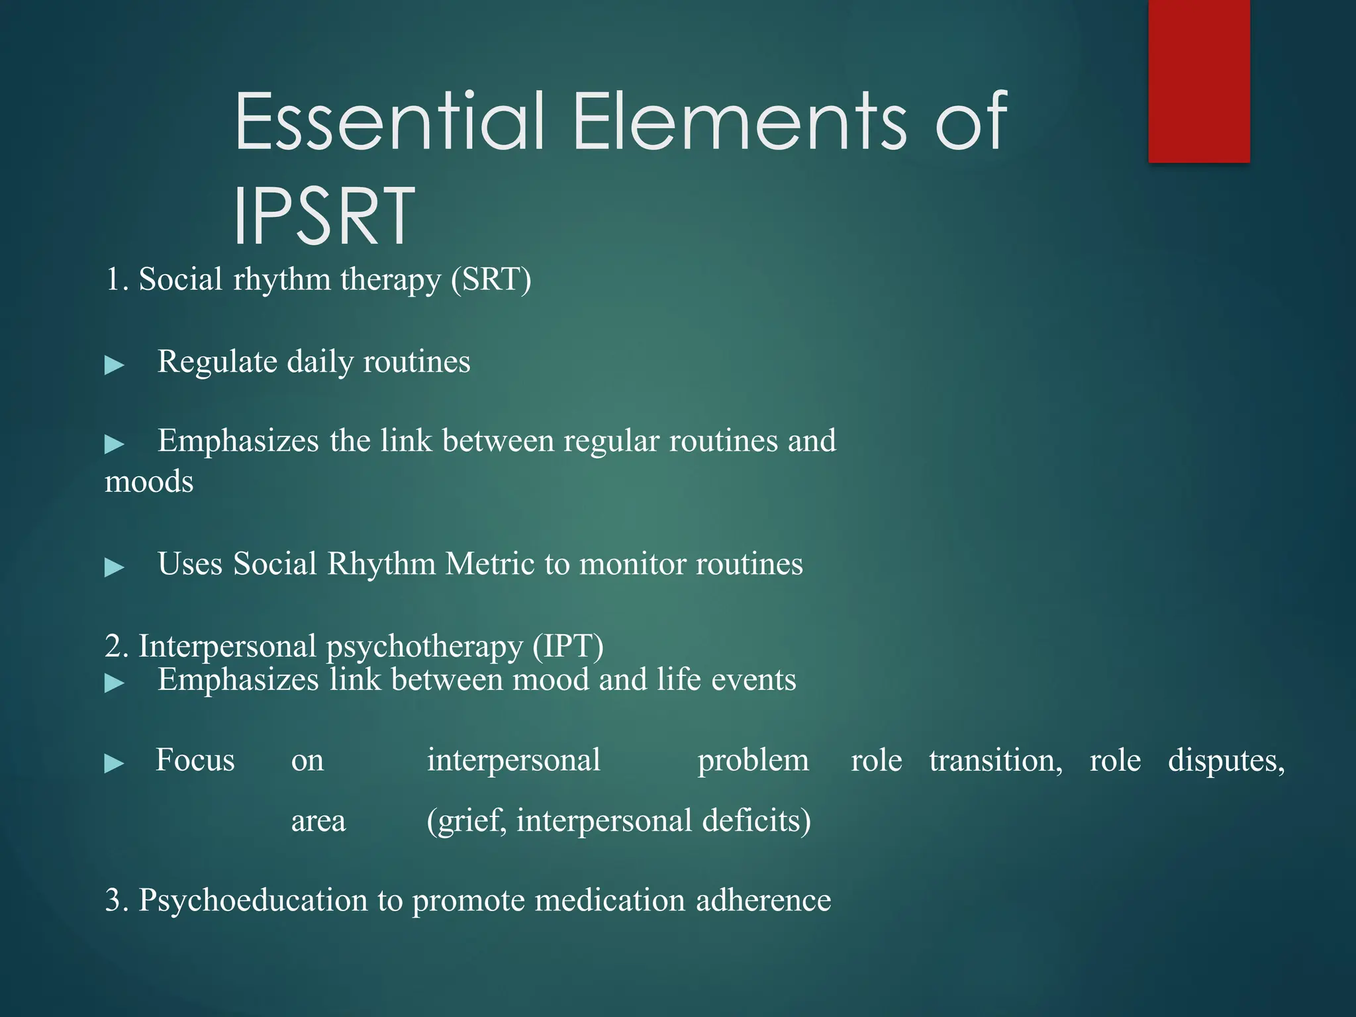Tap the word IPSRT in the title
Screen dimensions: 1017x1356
(324, 216)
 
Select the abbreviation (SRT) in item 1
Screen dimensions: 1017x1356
(491, 279)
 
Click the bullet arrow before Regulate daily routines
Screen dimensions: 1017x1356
(115, 365)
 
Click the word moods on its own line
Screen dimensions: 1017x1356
(149, 481)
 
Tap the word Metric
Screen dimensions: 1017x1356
(490, 564)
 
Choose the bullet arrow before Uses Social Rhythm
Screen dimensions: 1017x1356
(115, 567)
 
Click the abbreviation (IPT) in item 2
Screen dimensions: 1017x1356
(568, 646)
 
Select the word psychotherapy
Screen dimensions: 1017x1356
(424, 647)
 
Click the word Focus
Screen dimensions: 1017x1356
(195, 760)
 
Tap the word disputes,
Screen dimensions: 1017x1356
(1226, 761)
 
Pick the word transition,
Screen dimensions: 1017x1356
(995, 761)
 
